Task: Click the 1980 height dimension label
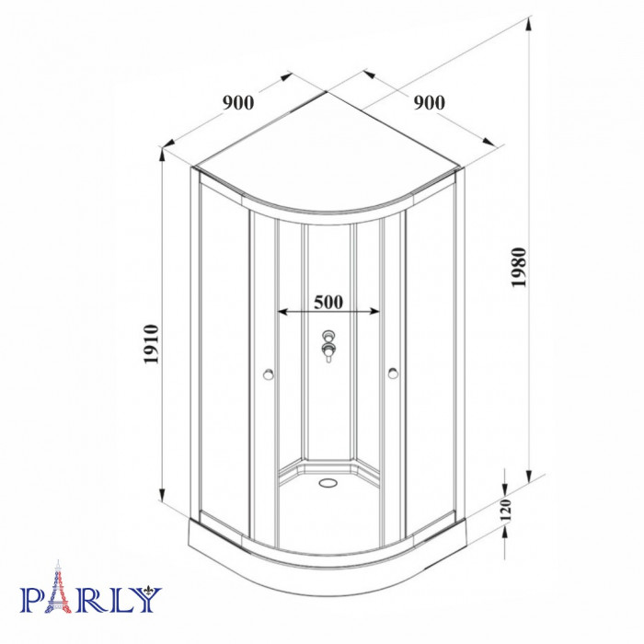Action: click(519, 268)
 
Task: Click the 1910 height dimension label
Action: click(151, 344)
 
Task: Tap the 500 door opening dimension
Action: click(328, 303)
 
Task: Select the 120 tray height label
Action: click(506, 510)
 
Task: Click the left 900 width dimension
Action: click(238, 103)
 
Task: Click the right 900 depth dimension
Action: click(430, 103)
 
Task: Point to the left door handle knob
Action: click(269, 374)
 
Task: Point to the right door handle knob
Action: click(393, 374)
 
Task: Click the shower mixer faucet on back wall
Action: click(328, 346)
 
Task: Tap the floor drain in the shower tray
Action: click(328, 482)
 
